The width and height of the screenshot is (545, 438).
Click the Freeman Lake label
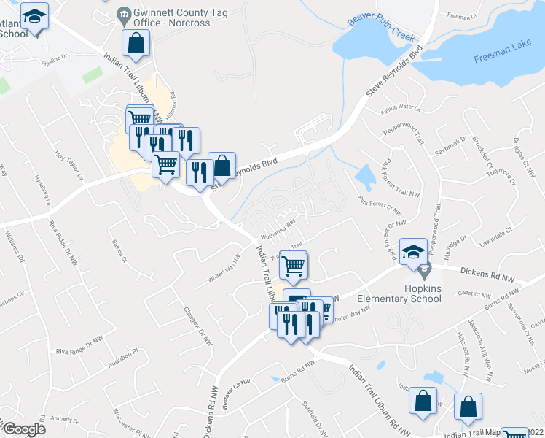pos(502,59)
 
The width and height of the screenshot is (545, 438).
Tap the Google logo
pos(24,429)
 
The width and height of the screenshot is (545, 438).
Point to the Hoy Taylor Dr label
pos(68,166)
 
